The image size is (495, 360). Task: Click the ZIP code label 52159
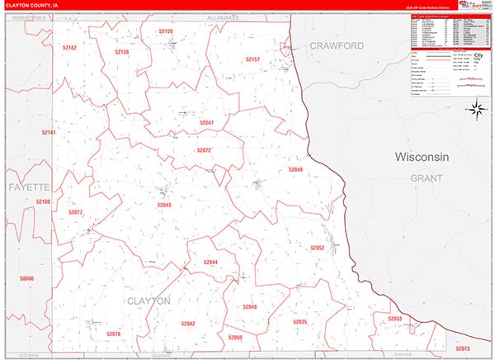pyautogui.click(x=165, y=31)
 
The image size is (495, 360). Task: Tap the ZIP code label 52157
pyautogui.click(x=252, y=59)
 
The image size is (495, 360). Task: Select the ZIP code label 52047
pyautogui.click(x=206, y=123)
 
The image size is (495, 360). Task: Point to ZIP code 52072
pyautogui.click(x=204, y=150)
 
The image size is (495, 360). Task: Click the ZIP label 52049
pyautogui.click(x=295, y=169)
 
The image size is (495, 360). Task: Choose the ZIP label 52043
pyautogui.click(x=164, y=205)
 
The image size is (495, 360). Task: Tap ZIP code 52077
pyautogui.click(x=75, y=212)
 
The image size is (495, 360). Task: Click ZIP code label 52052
pyautogui.click(x=317, y=248)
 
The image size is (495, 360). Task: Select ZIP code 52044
pyautogui.click(x=210, y=263)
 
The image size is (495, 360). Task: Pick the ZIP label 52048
pyautogui.click(x=250, y=306)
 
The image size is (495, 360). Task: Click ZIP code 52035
pyautogui.click(x=299, y=321)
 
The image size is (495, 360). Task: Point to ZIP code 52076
pyautogui.click(x=113, y=334)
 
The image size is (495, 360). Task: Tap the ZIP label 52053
pyautogui.click(x=394, y=318)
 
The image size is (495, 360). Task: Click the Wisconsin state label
pyautogui.click(x=421, y=157)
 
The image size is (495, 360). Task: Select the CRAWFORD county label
pyautogui.click(x=337, y=46)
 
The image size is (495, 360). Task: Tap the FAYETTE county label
pyautogui.click(x=30, y=187)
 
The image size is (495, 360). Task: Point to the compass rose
pyautogui.click(x=476, y=108)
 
